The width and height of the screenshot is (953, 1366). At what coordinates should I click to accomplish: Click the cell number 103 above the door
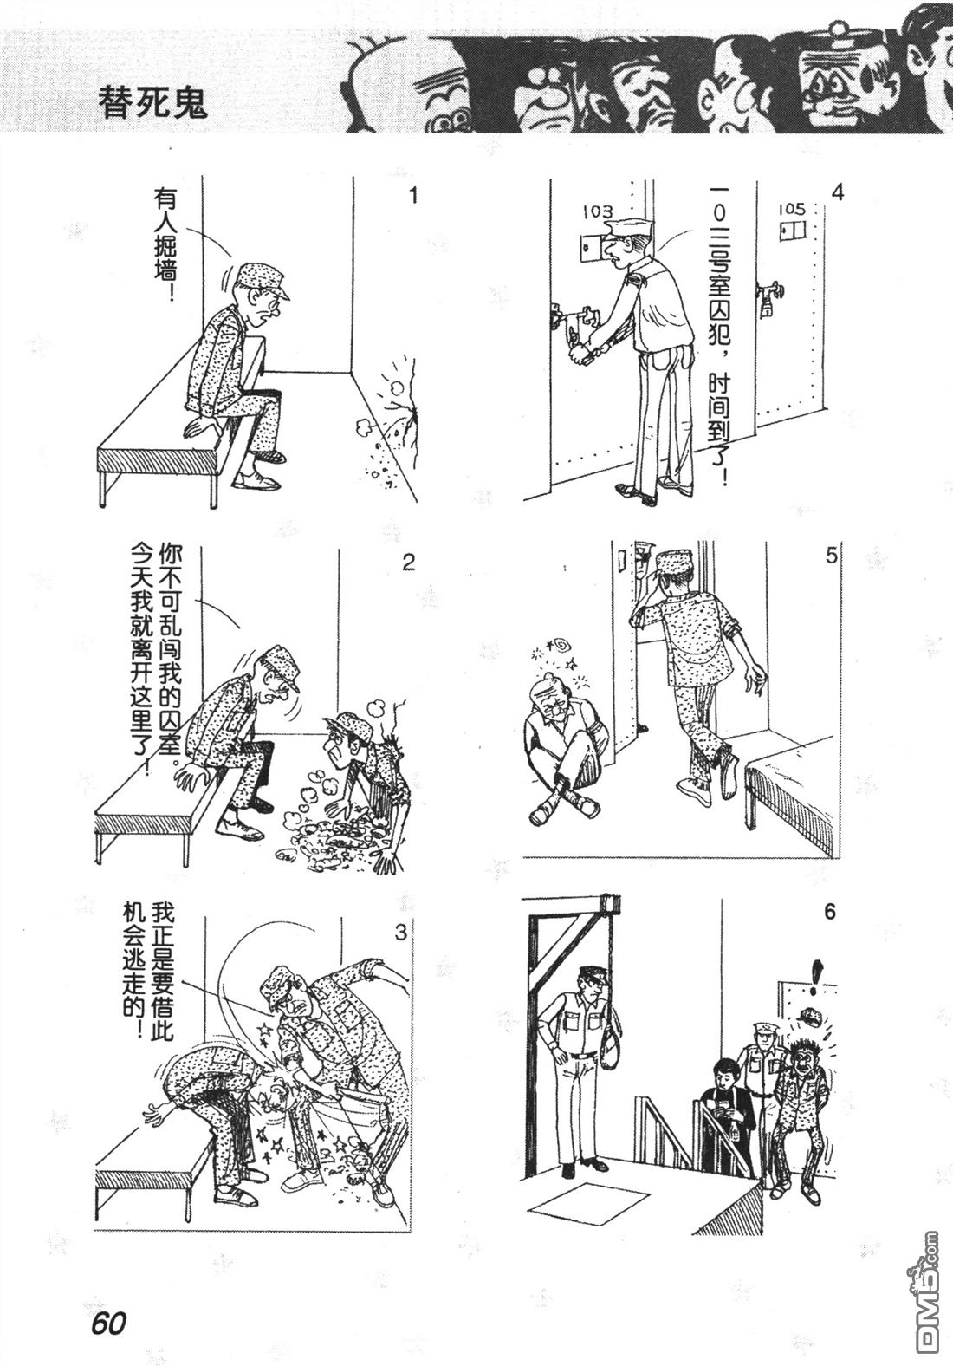point(598,211)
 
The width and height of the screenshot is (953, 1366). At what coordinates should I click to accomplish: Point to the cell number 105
point(792,209)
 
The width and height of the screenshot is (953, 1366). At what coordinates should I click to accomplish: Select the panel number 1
point(413,197)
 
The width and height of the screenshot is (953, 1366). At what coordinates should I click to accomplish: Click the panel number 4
point(837,193)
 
